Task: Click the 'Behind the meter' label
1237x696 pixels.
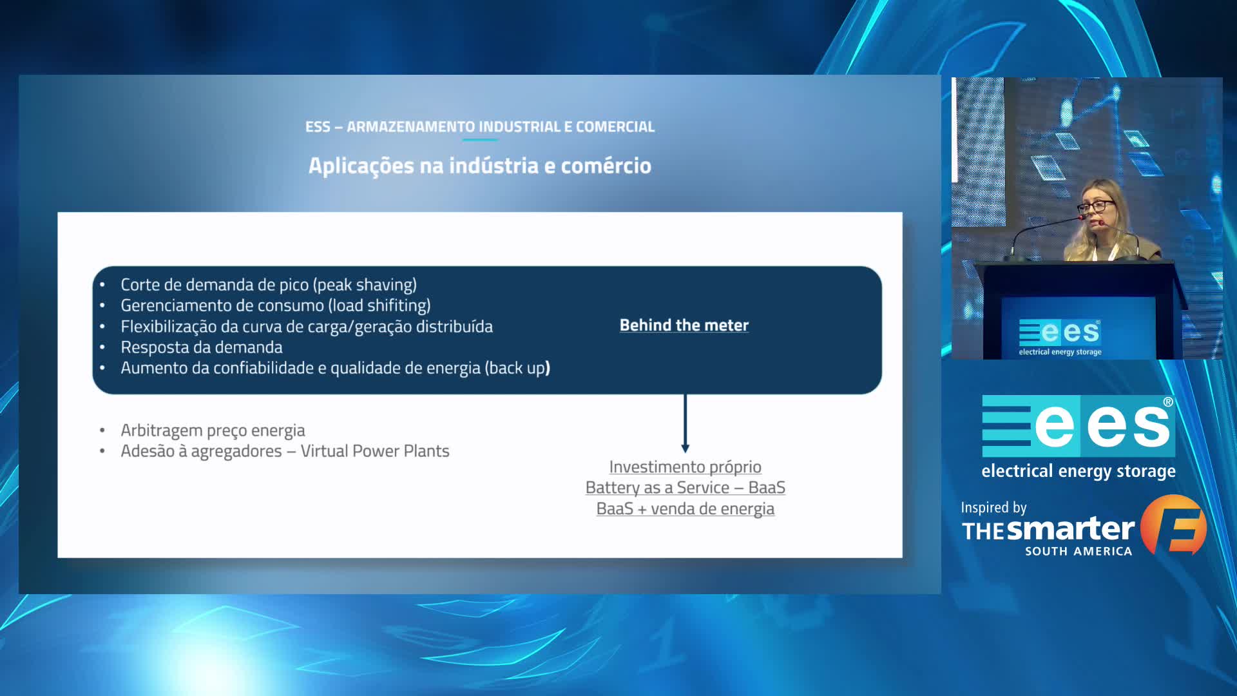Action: pos(684,325)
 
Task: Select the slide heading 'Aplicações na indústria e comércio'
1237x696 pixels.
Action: pos(480,166)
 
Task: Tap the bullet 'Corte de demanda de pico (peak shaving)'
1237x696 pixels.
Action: pos(269,285)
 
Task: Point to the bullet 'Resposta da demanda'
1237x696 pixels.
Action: pos(202,347)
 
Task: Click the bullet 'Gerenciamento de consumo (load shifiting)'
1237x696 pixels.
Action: pos(276,305)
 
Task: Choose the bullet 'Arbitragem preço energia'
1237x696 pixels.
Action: pos(213,430)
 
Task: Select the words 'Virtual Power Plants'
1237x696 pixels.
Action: pos(375,451)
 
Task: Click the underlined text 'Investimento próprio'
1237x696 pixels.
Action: pos(686,467)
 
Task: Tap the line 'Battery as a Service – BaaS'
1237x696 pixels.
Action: pos(686,488)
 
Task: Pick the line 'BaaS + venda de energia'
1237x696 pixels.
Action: pos(686,509)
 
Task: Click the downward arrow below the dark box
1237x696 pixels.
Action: pos(685,423)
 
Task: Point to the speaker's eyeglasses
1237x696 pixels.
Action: pos(1095,207)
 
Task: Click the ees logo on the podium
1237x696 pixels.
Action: pos(1060,337)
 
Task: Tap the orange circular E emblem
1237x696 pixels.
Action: pos(1173,525)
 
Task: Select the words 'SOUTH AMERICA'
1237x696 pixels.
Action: pos(1079,552)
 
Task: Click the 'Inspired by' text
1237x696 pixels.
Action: pos(993,508)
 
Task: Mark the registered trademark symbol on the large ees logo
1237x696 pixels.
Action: pos(1168,402)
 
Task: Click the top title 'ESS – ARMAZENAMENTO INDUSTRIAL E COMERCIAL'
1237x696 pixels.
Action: pos(480,127)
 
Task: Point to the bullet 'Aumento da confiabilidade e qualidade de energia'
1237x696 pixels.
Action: pos(301,368)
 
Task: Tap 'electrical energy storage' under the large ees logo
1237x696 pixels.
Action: pos(1079,472)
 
